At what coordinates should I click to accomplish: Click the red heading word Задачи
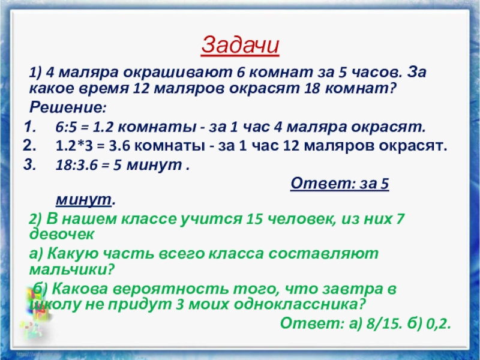pyautogui.click(x=240, y=46)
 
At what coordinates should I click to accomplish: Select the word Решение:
pyautogui.click(x=68, y=107)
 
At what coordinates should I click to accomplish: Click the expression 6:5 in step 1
pyautogui.click(x=66, y=127)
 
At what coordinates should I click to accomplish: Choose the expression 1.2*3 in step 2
pyautogui.click(x=74, y=146)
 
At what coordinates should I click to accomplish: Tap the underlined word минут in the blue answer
pyautogui.click(x=83, y=200)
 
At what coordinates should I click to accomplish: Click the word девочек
pyautogui.click(x=62, y=235)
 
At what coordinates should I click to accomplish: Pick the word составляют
pyautogui.click(x=323, y=254)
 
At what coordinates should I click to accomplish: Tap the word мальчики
pyautogui.click(x=71, y=269)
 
